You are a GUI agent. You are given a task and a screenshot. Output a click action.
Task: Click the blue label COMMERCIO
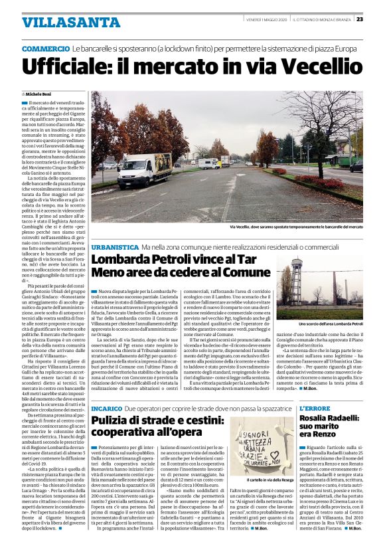tap(45, 50)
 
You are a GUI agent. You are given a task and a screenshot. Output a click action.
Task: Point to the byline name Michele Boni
tap(42, 96)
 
